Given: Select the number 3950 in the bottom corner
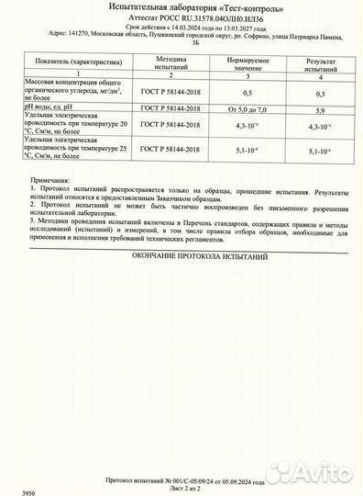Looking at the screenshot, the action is (16, 492).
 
